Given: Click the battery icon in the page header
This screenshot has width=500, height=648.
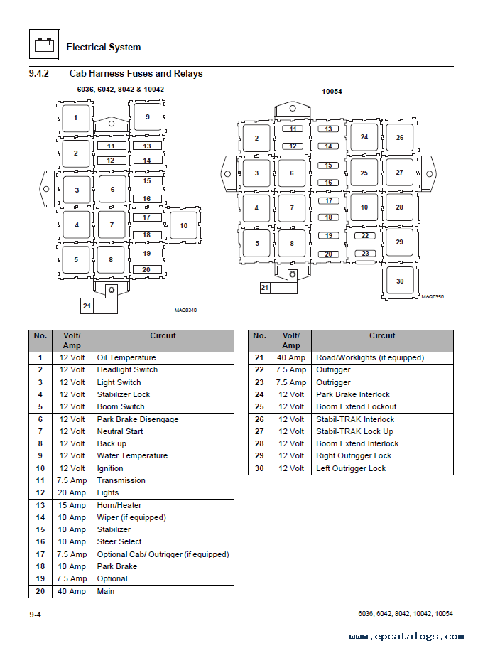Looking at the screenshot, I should [43, 46].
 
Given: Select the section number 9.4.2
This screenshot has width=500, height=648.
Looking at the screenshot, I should [38, 74].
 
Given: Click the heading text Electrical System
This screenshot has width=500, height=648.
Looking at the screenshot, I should [103, 48].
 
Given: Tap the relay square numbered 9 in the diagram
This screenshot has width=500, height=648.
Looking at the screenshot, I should [147, 117].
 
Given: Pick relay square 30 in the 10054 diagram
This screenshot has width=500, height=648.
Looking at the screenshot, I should [400, 281].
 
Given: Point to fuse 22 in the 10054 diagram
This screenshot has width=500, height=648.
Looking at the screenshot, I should [365, 235].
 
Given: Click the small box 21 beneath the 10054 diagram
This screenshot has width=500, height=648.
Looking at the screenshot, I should [265, 288].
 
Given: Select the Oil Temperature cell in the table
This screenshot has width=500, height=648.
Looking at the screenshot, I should [126, 357].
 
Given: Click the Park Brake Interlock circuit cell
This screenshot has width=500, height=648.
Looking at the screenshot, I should [353, 394].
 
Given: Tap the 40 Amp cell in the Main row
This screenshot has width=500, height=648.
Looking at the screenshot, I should [72, 591].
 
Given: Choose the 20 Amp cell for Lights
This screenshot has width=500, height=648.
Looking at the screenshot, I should [72, 492].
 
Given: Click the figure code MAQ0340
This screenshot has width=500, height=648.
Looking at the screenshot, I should [185, 310].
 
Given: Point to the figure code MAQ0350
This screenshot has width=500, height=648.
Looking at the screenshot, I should [432, 297].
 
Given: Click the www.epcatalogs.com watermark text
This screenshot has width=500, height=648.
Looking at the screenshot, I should [406, 636].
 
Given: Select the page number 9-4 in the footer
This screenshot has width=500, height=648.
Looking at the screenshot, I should [35, 614].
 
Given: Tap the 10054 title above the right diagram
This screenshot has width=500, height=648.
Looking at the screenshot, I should [332, 92].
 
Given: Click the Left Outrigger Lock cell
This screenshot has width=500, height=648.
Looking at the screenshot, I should [351, 468].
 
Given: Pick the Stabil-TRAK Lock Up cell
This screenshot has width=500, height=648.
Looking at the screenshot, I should [354, 431].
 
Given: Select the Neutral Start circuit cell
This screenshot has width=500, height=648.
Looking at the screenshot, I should [120, 431].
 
